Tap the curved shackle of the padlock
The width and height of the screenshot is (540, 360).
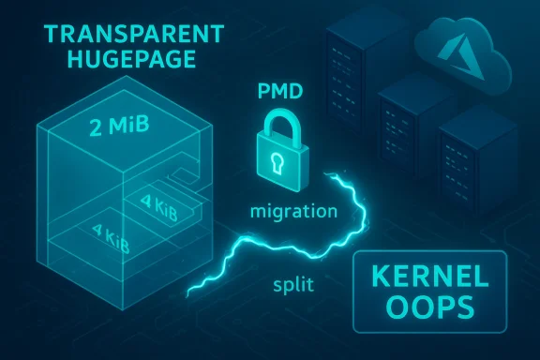tap(278, 119)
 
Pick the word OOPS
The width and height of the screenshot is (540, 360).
tap(428, 310)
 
